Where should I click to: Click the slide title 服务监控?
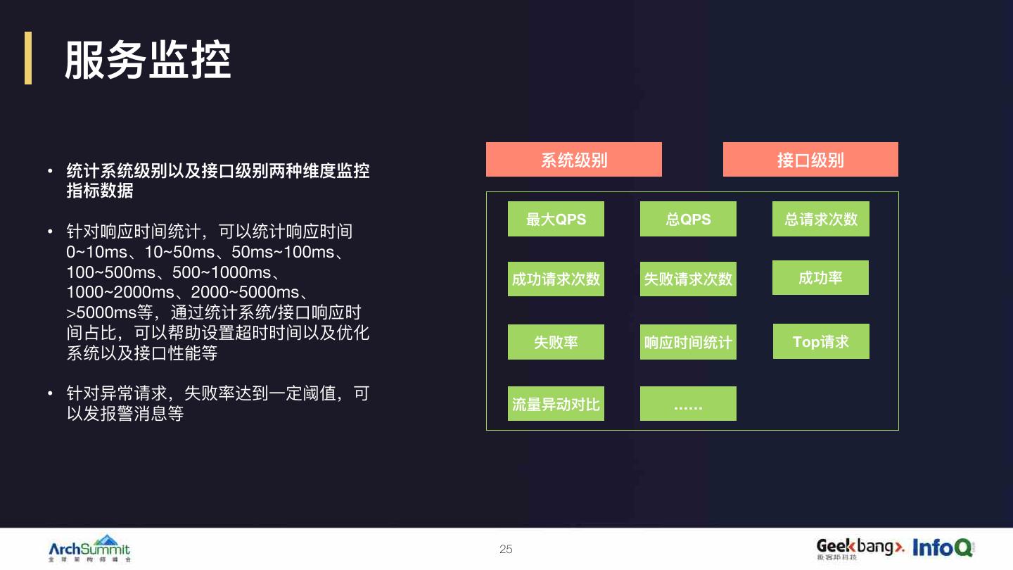click(148, 60)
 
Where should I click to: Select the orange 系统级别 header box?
click(573, 160)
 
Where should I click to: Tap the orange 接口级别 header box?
click(810, 160)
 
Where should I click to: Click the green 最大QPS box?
click(556, 219)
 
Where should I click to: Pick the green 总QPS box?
click(688, 219)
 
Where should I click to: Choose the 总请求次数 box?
click(820, 219)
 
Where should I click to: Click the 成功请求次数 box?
click(556, 279)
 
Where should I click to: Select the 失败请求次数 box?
click(688, 279)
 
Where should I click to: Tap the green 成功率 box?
click(820, 278)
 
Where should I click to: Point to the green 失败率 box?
click(556, 342)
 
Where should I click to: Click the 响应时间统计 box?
click(688, 343)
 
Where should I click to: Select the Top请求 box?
click(821, 341)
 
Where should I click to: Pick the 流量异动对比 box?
click(556, 404)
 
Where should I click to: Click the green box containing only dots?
click(688, 404)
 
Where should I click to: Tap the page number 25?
click(506, 549)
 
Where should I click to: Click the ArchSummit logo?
click(89, 549)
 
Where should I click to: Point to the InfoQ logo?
click(943, 547)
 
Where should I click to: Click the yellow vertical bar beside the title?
click(28, 58)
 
